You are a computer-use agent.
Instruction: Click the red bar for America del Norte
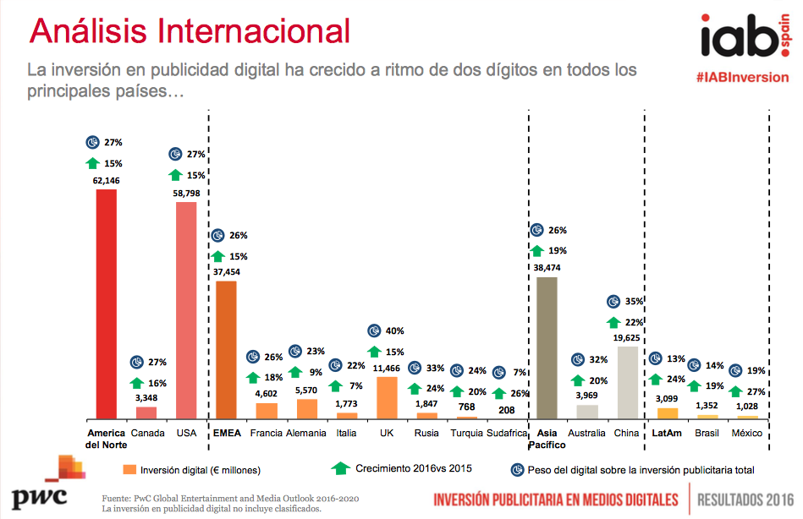[x=106, y=303]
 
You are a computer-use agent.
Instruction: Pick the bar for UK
[x=387, y=397]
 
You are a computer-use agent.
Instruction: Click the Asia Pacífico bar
[x=547, y=347]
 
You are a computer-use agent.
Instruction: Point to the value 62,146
[x=106, y=180]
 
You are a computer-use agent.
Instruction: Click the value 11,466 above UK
[x=387, y=369]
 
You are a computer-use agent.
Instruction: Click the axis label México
[x=747, y=434]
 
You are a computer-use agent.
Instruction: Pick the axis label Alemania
[x=306, y=434]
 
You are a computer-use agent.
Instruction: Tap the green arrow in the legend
[x=340, y=467]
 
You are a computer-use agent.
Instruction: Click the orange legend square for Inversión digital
[x=129, y=469]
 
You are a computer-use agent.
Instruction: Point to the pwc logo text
[x=38, y=496]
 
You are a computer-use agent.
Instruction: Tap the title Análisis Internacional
[x=190, y=31]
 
